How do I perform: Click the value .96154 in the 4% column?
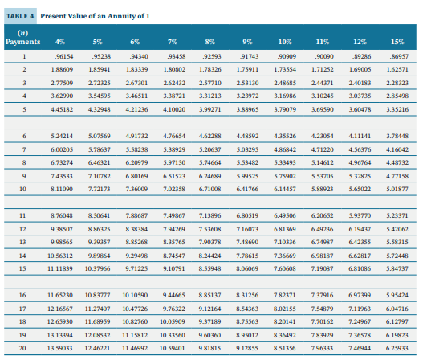pyautogui.click(x=62, y=57)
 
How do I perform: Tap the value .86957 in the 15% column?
pyautogui.click(x=396, y=57)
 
